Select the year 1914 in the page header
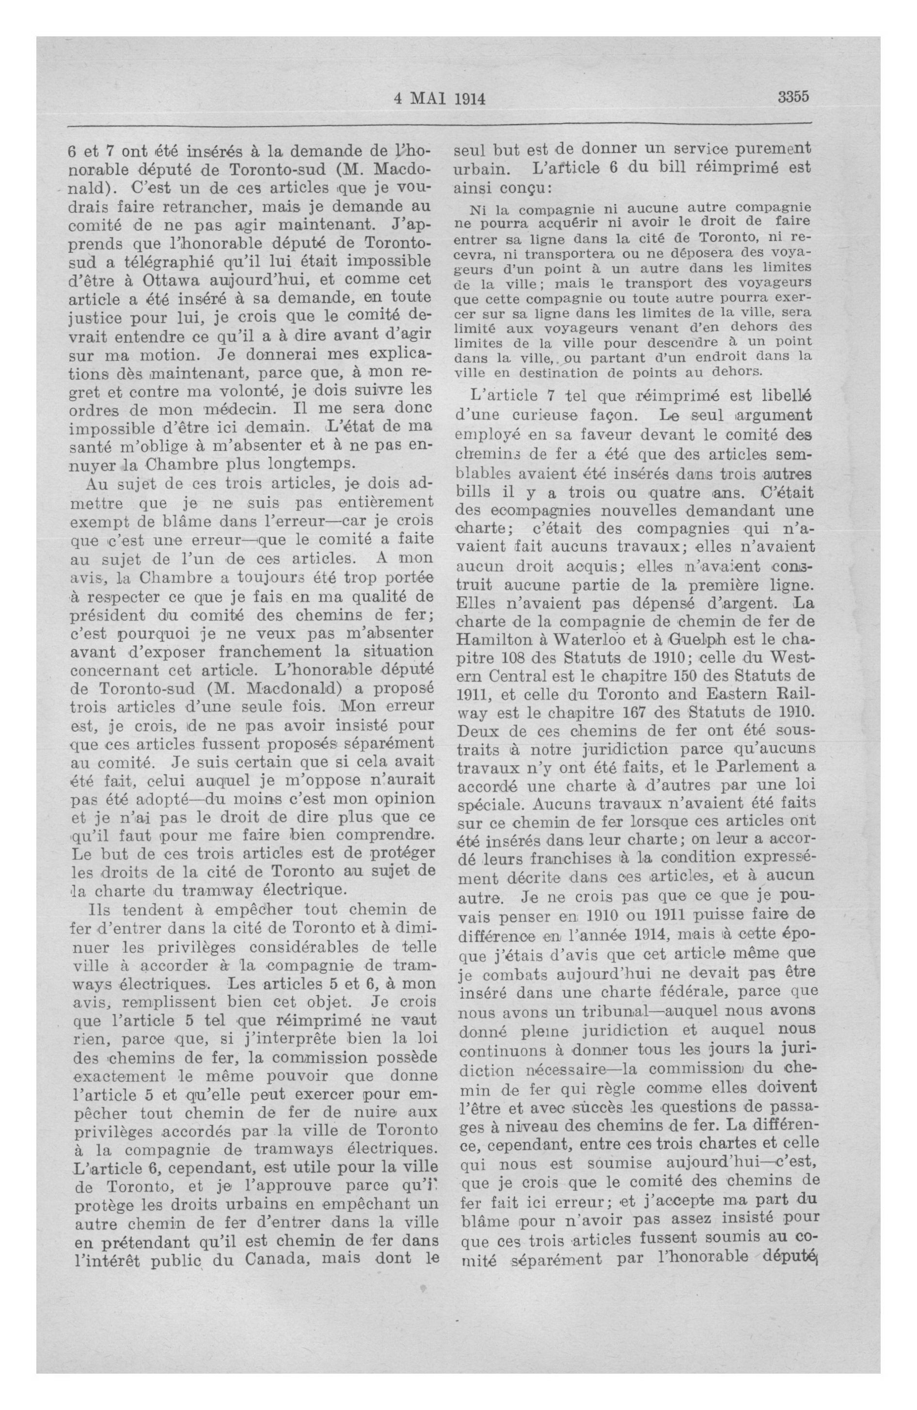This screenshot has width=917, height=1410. [x=470, y=99]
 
